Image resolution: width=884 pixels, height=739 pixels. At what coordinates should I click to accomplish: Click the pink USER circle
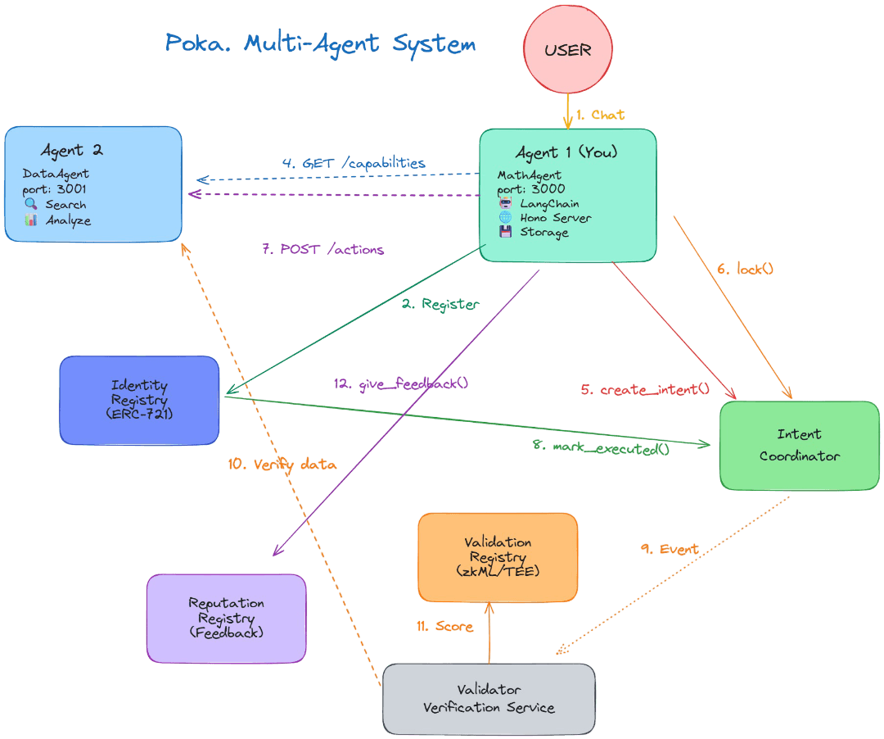[567, 50]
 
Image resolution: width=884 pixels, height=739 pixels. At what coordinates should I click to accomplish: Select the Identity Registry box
[139, 400]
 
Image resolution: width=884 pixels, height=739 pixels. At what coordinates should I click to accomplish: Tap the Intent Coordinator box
[799, 445]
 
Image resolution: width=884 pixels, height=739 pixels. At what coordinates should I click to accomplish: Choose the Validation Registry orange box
[498, 557]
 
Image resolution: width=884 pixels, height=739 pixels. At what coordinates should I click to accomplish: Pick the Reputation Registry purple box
[226, 618]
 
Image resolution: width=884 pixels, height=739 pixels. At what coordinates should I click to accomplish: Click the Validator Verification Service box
[489, 698]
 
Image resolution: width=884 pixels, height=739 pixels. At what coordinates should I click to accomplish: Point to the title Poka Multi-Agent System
[320, 43]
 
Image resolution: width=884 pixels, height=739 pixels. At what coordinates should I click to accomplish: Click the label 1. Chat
[600, 115]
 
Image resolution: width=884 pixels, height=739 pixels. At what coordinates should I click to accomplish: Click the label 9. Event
[669, 549]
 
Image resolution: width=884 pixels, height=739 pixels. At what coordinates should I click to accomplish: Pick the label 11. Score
[444, 627]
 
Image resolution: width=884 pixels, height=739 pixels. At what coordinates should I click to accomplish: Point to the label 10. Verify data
[282, 464]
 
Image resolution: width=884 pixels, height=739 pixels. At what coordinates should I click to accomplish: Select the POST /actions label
[322, 249]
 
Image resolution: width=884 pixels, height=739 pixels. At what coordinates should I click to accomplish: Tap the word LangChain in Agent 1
[549, 203]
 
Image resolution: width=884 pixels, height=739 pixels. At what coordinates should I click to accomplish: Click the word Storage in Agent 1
[543, 232]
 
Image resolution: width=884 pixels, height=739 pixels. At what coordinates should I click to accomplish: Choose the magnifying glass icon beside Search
[30, 204]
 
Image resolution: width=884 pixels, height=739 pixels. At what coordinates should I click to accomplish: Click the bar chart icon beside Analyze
[30, 220]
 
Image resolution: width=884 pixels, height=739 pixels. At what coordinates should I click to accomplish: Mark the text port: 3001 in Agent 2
[54, 189]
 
